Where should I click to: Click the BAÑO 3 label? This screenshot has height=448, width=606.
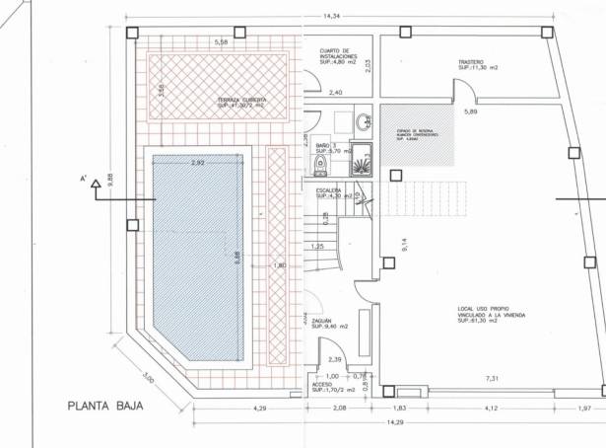(x=329, y=148)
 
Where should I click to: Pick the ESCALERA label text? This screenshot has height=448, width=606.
(x=330, y=192)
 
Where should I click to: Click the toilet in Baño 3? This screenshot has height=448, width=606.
(x=317, y=164)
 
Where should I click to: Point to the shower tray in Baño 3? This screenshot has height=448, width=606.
(x=362, y=159)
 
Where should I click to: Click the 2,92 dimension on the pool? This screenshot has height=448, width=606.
(x=197, y=163)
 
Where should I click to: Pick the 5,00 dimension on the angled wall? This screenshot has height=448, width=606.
(x=149, y=379)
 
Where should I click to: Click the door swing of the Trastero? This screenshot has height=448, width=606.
(x=464, y=93)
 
